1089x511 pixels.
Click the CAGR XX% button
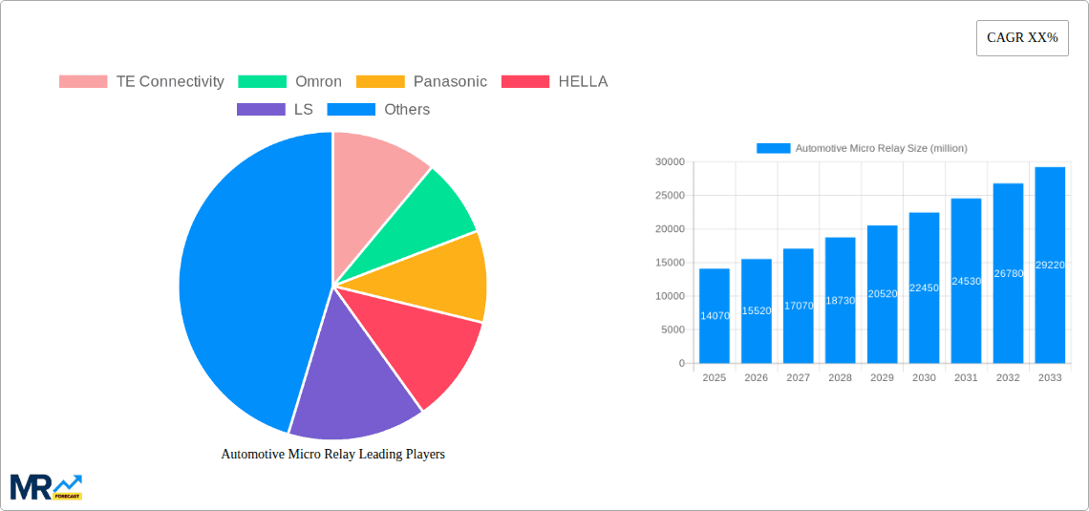click(x=1022, y=38)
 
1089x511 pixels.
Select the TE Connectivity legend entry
click(x=141, y=81)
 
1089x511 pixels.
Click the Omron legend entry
click(x=289, y=81)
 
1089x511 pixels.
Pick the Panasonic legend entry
click(x=421, y=81)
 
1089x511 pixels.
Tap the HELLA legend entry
click(x=554, y=81)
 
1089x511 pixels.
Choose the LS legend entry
click(x=274, y=109)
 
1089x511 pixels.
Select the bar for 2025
click(x=715, y=315)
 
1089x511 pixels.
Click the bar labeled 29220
click(x=1050, y=265)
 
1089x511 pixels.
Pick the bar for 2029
click(x=882, y=294)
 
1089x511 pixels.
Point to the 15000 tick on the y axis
click(x=669, y=263)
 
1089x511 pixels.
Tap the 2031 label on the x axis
click(x=966, y=378)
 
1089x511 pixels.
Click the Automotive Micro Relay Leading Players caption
click(x=332, y=454)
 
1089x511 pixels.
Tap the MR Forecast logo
click(x=46, y=486)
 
